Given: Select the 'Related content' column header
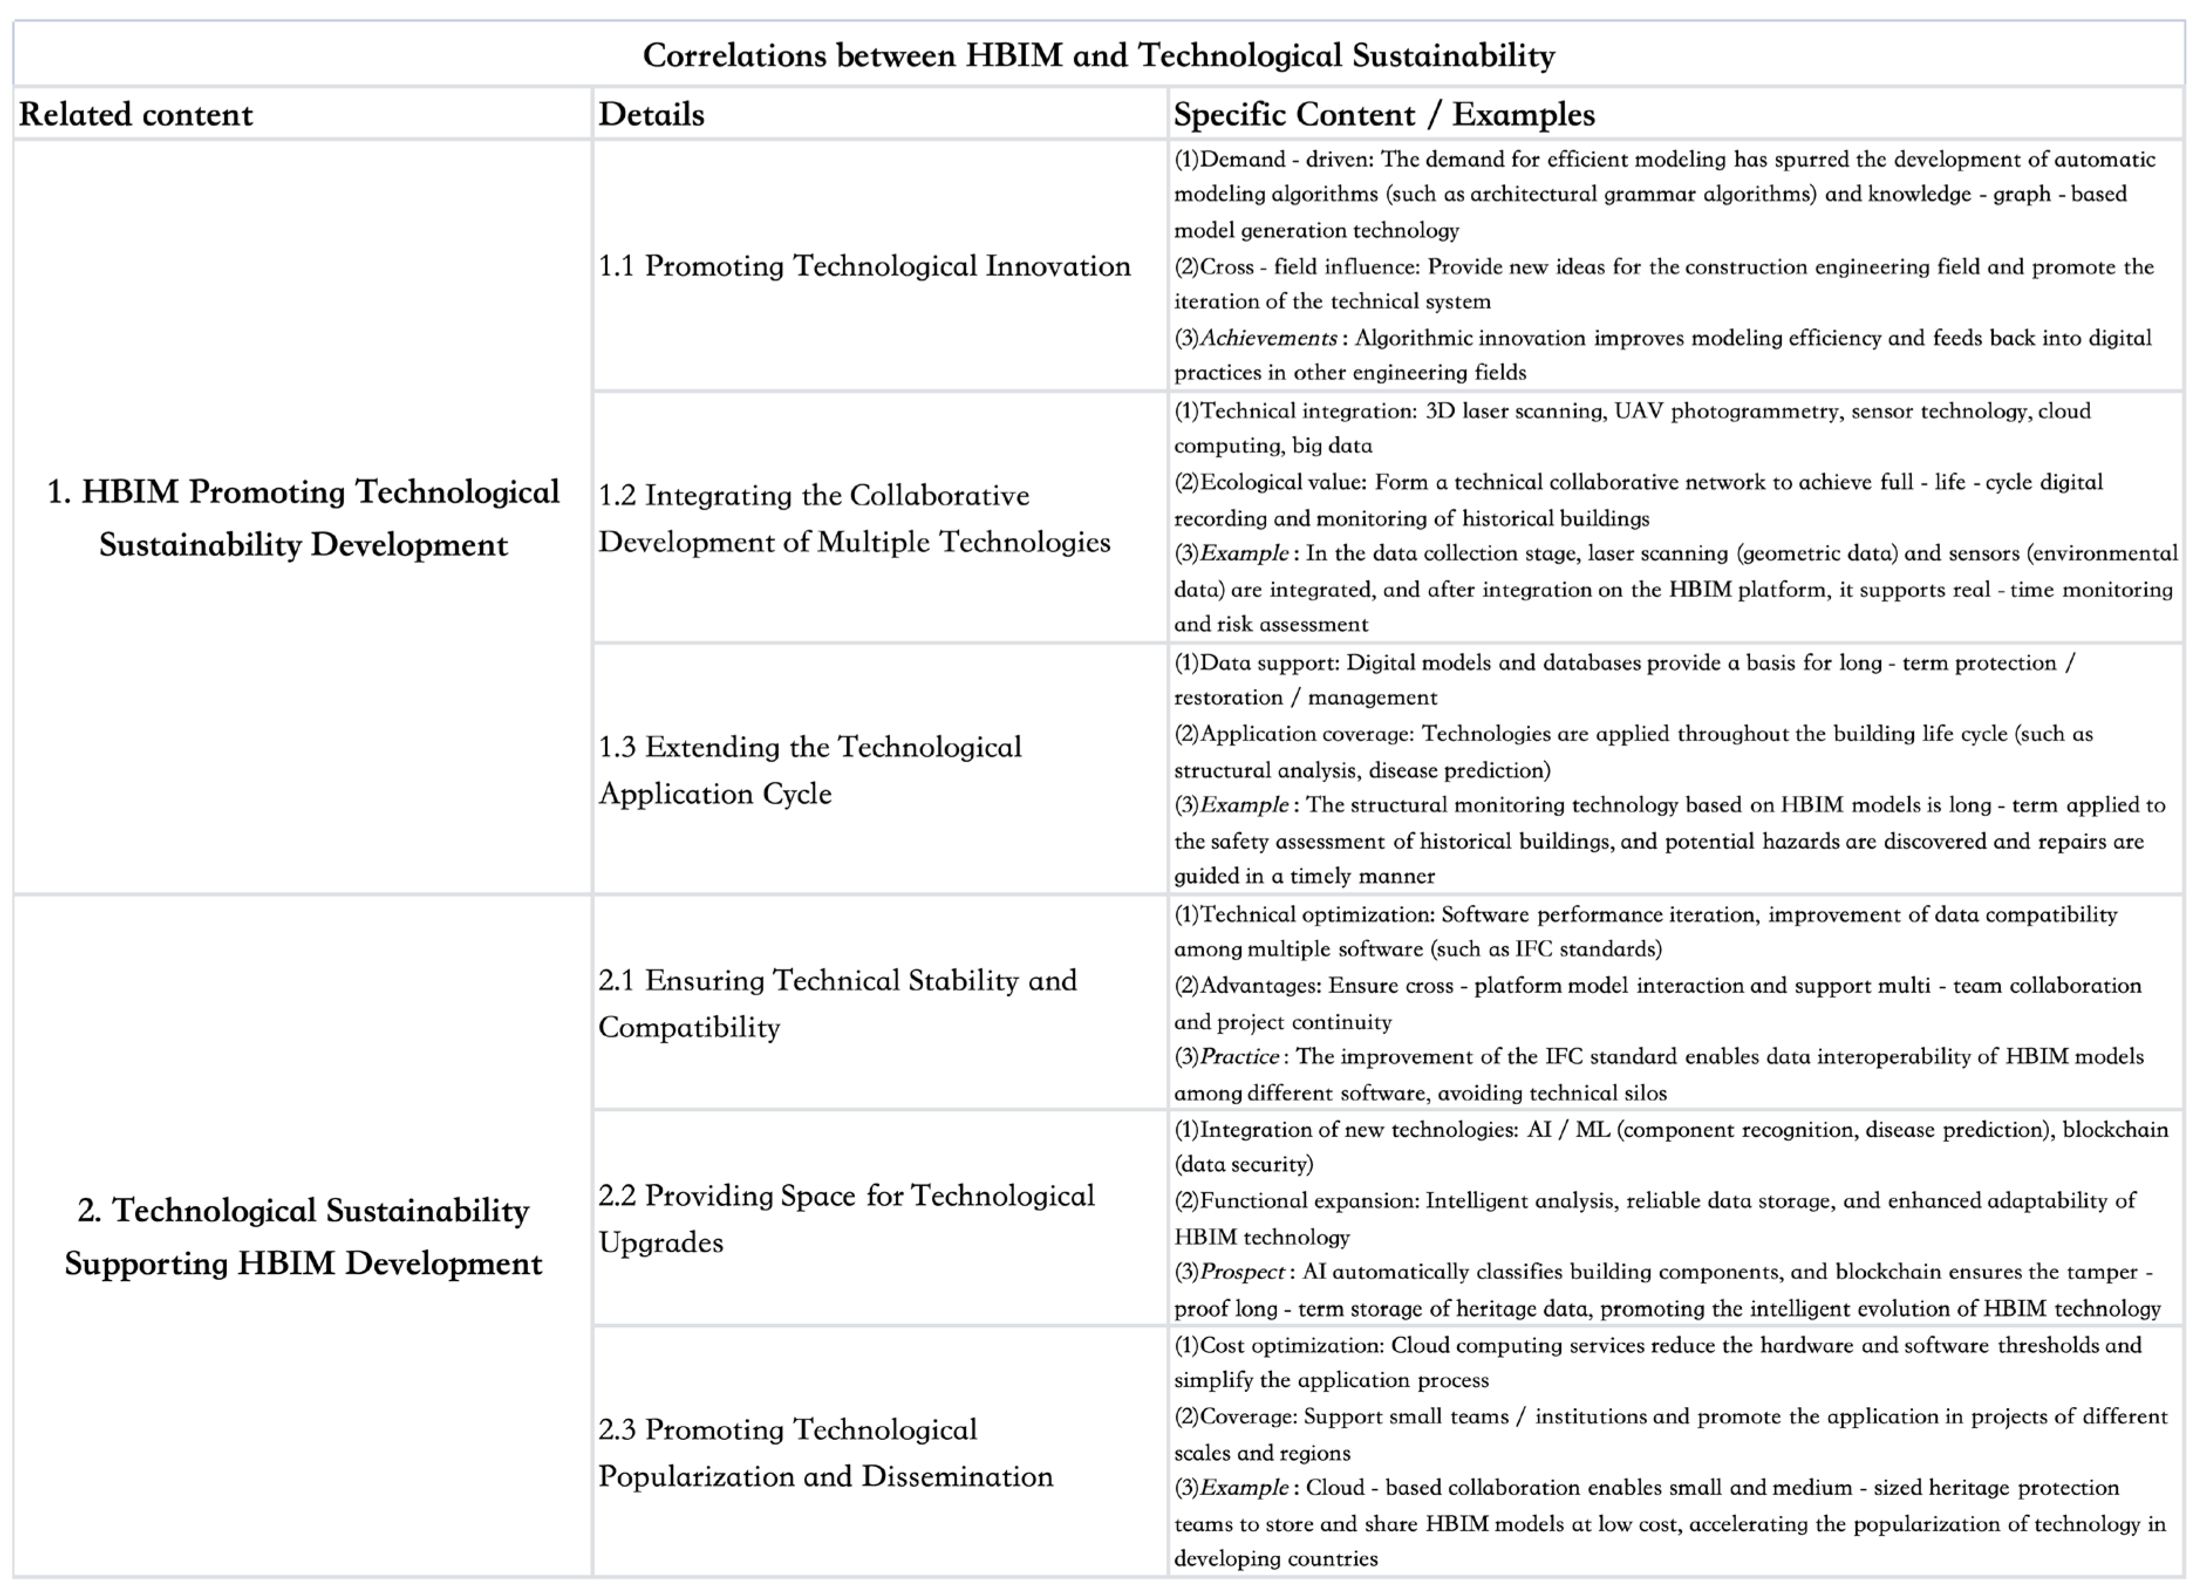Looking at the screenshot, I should tap(136, 115).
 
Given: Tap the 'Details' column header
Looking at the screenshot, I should tap(651, 115).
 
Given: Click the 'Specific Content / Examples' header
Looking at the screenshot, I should tap(1383, 115).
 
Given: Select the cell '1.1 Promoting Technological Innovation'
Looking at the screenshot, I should tap(864, 266).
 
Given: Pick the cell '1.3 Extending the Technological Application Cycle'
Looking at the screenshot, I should tap(809, 770).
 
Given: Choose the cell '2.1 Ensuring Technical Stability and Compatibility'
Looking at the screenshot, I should tap(837, 1003).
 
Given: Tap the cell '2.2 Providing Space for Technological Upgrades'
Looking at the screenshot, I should tap(845, 1219).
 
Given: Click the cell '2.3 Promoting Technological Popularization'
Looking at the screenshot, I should tap(825, 1453).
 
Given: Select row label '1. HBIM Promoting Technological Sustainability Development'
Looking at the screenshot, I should tap(303, 518).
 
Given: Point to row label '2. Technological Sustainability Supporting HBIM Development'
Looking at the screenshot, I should tap(303, 1237).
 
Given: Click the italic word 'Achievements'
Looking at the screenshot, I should tap(1268, 338).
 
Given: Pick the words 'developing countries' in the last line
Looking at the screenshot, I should tap(1276, 1559).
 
